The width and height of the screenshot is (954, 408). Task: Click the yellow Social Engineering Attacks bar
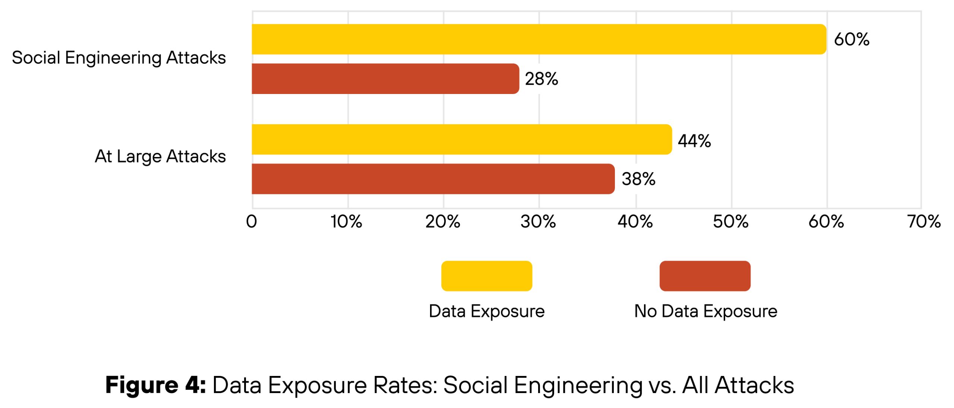[x=538, y=39]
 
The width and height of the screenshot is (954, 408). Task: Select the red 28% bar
[x=385, y=79]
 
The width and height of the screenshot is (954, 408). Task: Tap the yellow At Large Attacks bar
[x=461, y=139]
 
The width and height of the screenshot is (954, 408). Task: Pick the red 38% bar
[x=433, y=179]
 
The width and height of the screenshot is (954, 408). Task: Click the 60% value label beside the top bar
[x=852, y=39]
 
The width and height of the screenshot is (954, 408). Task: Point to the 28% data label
[x=541, y=79]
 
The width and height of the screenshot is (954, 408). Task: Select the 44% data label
[x=694, y=141]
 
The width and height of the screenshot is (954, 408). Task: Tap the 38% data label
[x=638, y=179]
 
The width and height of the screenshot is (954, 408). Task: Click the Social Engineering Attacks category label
[x=119, y=58]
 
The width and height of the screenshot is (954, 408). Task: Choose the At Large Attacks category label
[x=160, y=156]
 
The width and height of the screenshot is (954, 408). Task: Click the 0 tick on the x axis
[x=252, y=222]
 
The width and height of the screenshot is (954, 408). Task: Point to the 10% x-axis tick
[x=346, y=222]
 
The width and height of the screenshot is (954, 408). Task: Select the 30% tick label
[x=538, y=222]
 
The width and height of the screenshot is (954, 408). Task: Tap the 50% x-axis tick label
[x=730, y=222]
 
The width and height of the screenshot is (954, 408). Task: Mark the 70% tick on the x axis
[x=924, y=222]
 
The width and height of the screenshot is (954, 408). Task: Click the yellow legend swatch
[x=486, y=276]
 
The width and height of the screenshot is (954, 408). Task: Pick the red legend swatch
[x=705, y=276]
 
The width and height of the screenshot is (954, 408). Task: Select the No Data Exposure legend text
[x=705, y=311]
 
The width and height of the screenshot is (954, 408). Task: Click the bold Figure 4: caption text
[x=155, y=385]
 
